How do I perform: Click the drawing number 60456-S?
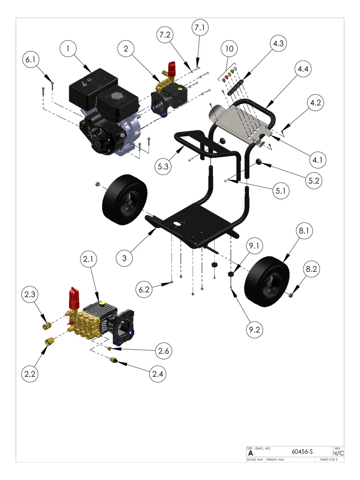point(302,452)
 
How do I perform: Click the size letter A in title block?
point(250,453)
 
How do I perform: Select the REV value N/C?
point(338,453)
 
